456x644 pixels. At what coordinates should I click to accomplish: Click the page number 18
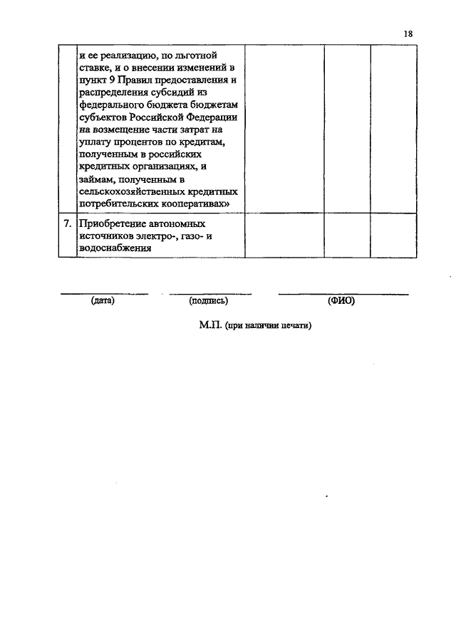point(408,34)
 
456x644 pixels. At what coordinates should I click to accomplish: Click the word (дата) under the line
point(103,301)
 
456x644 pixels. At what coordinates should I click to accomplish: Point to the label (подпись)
point(209,301)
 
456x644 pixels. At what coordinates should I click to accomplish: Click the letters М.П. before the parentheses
point(210,325)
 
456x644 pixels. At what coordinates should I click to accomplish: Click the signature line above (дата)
point(103,293)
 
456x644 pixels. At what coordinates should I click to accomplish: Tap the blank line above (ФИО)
point(343,293)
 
